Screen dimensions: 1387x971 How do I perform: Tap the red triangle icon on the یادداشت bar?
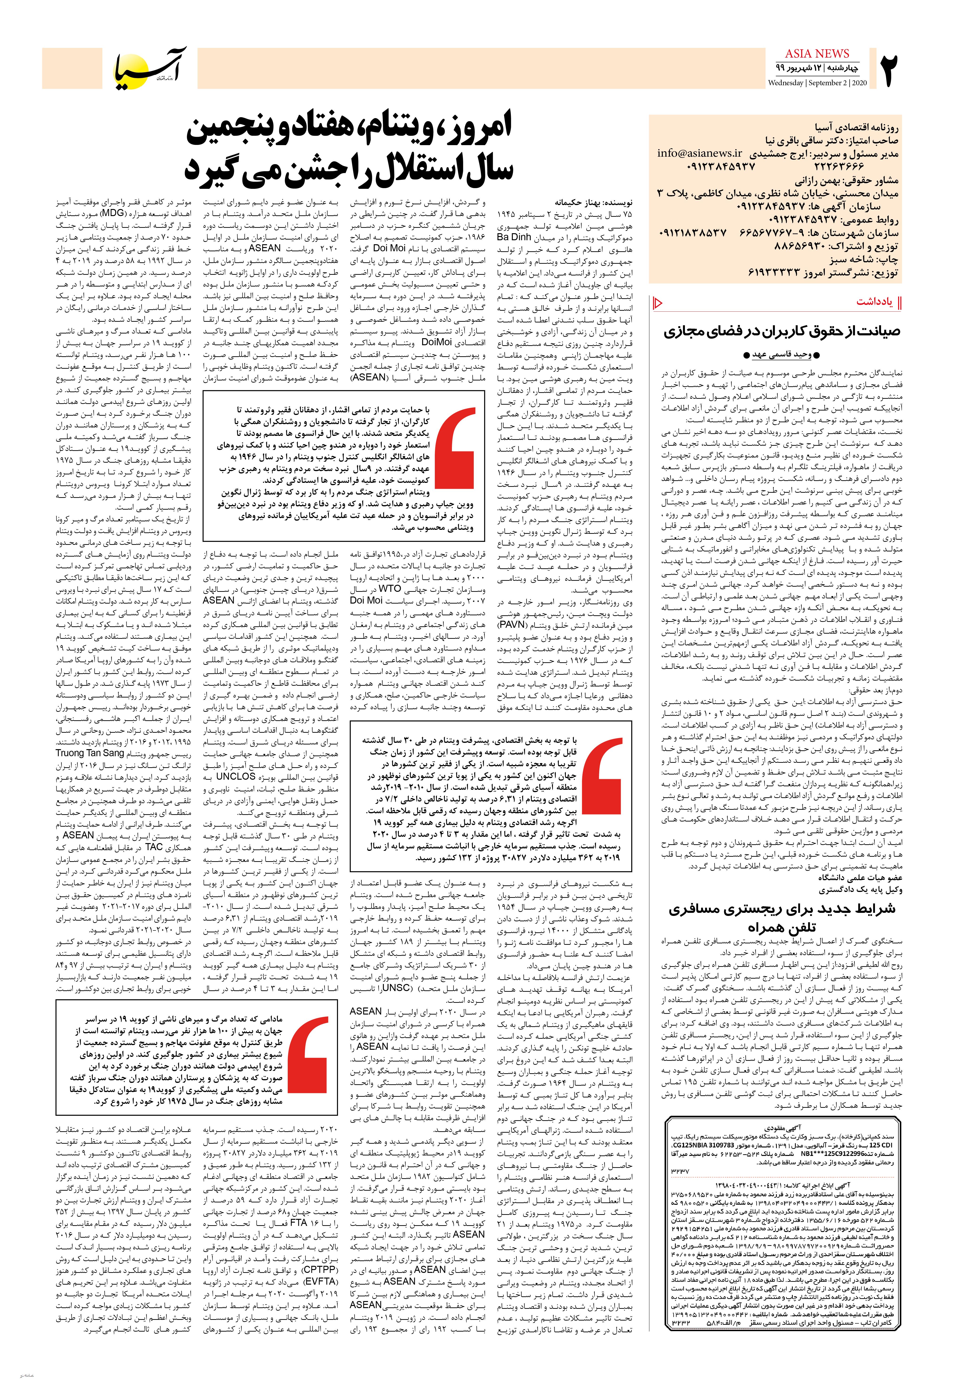pos(659,302)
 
